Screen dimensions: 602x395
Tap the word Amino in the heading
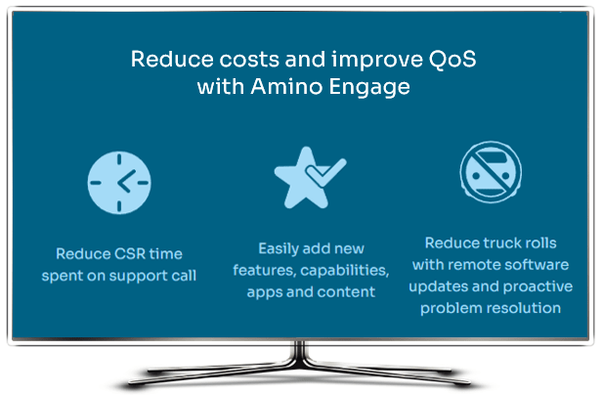click(x=286, y=86)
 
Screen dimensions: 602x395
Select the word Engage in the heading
click(x=369, y=88)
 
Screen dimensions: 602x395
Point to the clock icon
click(x=119, y=183)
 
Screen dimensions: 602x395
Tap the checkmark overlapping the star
click(x=326, y=172)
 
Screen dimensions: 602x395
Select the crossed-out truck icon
click(x=491, y=172)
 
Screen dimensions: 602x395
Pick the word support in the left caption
click(x=138, y=277)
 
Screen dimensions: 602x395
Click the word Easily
click(x=279, y=249)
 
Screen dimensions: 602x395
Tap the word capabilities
click(x=345, y=271)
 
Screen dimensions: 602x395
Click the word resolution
click(x=524, y=308)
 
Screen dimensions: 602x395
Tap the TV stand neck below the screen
click(x=299, y=352)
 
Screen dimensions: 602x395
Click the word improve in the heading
click(x=377, y=61)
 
